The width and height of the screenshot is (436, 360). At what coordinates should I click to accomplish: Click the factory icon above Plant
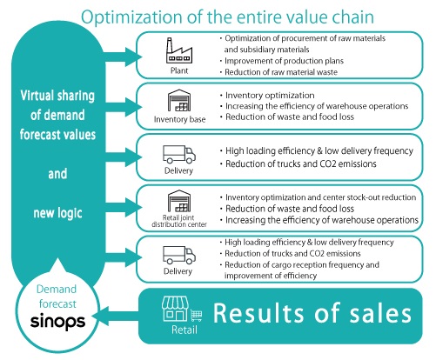coord(179,50)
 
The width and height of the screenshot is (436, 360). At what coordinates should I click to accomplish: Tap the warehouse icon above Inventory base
coord(179,100)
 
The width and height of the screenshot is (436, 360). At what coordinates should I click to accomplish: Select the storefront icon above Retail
coord(175,309)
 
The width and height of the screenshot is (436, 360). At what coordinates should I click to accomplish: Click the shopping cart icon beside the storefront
coord(197,316)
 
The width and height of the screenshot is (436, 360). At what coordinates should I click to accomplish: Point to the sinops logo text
coord(57,322)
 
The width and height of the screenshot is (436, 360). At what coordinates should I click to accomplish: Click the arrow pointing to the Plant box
coord(123,57)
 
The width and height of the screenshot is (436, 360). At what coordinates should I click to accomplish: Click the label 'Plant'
coord(179,70)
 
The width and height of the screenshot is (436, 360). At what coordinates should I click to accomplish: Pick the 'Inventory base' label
coord(179,119)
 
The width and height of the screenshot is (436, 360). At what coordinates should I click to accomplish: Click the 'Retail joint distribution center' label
coord(179,221)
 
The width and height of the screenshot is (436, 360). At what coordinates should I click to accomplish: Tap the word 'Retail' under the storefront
coord(184,330)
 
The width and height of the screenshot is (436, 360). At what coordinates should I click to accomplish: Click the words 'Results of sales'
coord(312,313)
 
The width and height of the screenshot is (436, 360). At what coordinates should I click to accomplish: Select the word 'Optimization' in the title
coord(132,17)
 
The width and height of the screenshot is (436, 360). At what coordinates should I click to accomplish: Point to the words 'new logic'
coord(57,213)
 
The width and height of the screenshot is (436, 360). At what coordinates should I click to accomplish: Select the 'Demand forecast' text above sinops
coord(57,297)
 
